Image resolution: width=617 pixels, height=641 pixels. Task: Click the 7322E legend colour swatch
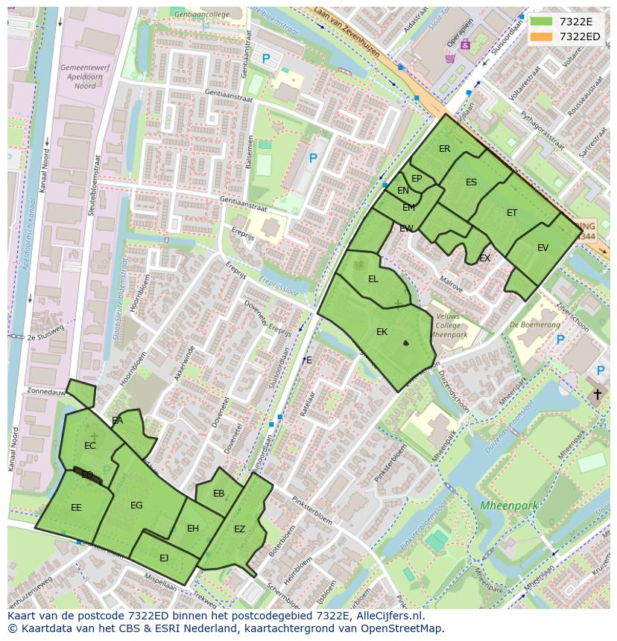(x=542, y=22)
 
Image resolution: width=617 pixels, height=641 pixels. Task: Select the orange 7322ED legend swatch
(x=542, y=36)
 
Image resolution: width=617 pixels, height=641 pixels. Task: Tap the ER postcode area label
(x=444, y=149)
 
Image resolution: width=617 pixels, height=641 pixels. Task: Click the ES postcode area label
(x=471, y=182)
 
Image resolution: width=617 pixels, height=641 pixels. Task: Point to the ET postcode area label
(x=512, y=213)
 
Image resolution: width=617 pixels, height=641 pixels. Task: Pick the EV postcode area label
(x=542, y=248)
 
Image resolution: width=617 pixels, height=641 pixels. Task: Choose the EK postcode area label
(x=382, y=332)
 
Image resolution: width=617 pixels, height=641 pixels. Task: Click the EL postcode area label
(x=373, y=279)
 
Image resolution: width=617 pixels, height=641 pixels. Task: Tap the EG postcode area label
(x=136, y=506)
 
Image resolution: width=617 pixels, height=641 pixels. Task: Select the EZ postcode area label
(x=239, y=529)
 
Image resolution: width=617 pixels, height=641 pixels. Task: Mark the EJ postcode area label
(x=164, y=558)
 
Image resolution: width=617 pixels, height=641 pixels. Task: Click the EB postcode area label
(x=218, y=494)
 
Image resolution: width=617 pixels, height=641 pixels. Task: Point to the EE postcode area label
(x=76, y=508)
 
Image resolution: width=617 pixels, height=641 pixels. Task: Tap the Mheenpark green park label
(x=508, y=506)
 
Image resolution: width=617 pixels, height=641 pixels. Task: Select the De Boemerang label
(x=535, y=325)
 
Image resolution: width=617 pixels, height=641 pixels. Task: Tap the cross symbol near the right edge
(x=597, y=394)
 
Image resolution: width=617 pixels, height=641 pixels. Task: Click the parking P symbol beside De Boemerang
(x=560, y=340)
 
